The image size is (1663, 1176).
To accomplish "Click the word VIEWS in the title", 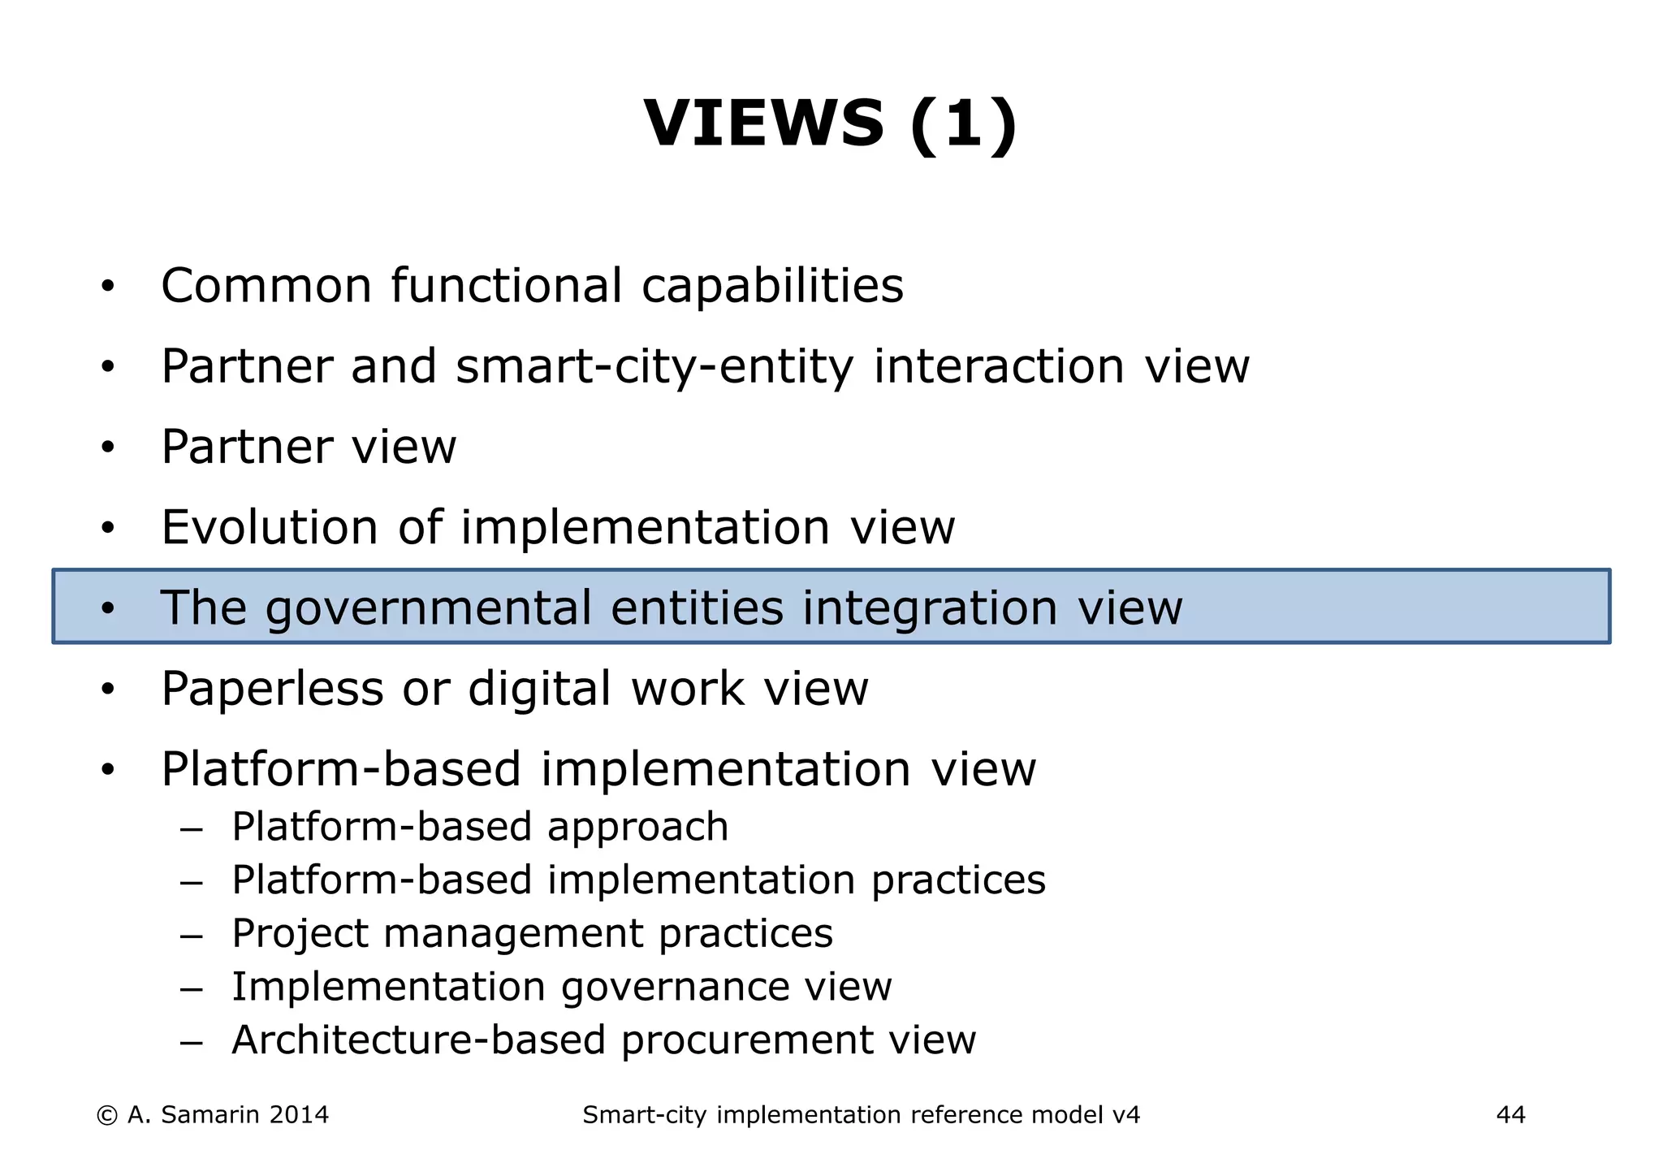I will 763,123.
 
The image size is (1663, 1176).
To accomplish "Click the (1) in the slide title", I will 964,123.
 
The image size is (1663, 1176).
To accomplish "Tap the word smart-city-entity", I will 654,366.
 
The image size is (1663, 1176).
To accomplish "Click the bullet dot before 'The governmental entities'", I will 108,608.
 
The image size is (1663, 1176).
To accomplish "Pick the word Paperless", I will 272,689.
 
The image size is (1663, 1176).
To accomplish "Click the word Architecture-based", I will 419,1040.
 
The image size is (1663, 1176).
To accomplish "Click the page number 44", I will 1510,1115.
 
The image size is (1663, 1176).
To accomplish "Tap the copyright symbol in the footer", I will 106,1115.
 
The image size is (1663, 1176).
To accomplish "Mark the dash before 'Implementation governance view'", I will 191,988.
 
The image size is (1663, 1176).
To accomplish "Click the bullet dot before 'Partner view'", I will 108,447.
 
